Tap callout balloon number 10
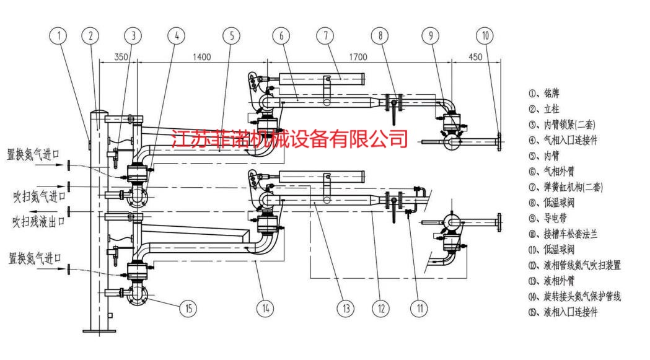(x=485, y=36)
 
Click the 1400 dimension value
(x=201, y=57)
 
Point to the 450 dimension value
(x=475, y=57)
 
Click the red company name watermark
(x=289, y=139)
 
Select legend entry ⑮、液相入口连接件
(x=563, y=312)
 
